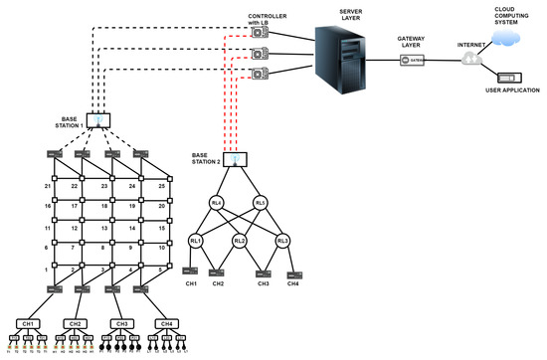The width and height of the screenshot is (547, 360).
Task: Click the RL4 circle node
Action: [217, 206]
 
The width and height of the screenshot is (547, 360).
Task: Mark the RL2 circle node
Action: [240, 240]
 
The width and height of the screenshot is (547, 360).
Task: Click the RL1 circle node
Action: [196, 240]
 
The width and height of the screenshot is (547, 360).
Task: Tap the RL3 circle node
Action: [284, 240]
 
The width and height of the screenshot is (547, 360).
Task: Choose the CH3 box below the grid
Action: [122, 323]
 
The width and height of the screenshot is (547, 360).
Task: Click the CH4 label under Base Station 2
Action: [294, 284]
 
